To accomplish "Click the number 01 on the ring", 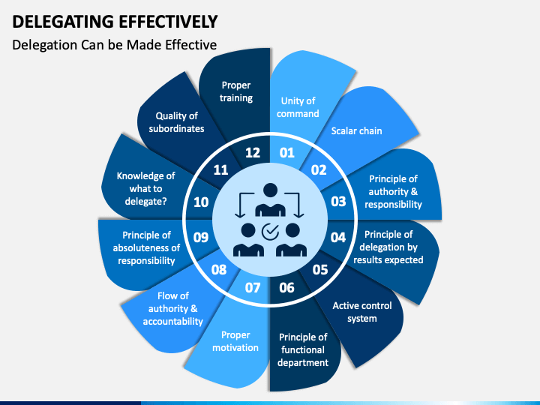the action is coord(286,152).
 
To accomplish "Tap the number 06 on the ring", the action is coord(286,287).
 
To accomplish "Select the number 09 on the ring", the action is coord(201,237).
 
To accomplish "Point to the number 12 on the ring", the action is coord(253,152).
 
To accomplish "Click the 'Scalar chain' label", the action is coord(356,130).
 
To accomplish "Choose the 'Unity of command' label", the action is coord(298,107).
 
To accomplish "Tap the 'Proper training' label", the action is coord(236,91).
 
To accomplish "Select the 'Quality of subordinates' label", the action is coord(176,122).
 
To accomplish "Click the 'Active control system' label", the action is coord(362,312).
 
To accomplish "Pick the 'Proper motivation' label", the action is coord(235,341).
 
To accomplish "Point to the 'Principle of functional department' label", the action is coord(303,350).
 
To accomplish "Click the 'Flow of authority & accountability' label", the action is coord(173,308).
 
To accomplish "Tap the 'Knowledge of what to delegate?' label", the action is coord(145,189).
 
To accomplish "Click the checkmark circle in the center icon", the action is coord(270,232).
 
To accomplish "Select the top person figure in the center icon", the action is coord(270,199).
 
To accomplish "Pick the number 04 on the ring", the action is coord(337,237).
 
